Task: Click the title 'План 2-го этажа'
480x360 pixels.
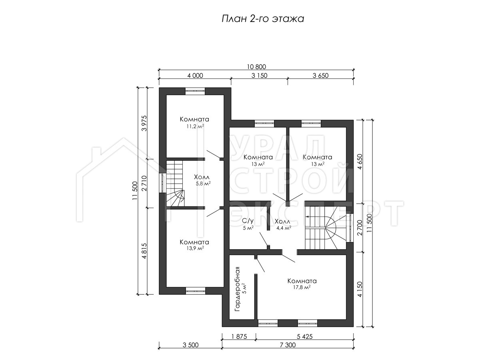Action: tap(263, 19)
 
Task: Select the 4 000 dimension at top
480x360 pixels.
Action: tap(195, 76)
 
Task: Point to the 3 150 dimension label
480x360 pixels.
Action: tap(259, 76)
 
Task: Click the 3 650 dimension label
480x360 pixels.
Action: tap(320, 76)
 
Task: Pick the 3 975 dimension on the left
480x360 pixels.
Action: tap(144, 123)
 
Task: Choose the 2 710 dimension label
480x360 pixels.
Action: tap(144, 183)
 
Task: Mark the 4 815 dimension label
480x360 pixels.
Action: tap(144, 251)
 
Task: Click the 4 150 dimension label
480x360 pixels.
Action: tap(360, 289)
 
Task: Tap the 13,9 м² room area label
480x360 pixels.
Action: tap(195, 248)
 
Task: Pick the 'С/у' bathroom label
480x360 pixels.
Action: tap(247, 221)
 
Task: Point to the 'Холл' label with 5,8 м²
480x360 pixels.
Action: tap(202, 177)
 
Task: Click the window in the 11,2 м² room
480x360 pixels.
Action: tap(195, 91)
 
